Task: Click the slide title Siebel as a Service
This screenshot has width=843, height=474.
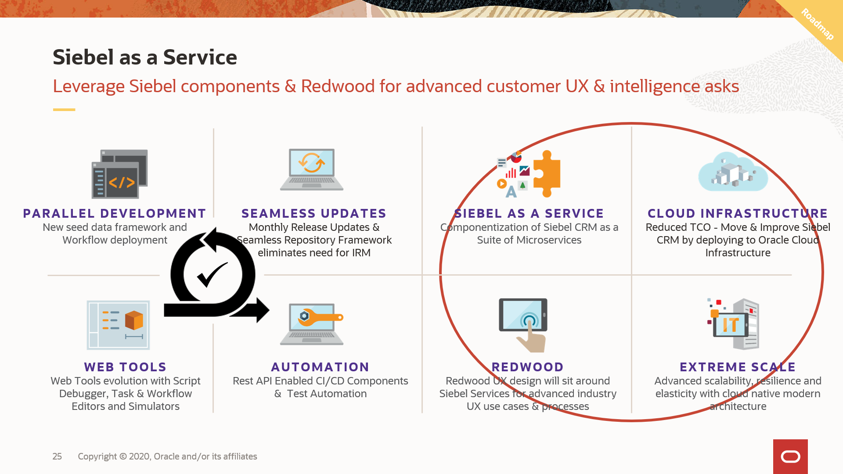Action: pyautogui.click(x=145, y=57)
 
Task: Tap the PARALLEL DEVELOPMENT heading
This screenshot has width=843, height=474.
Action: pyautogui.click(x=115, y=213)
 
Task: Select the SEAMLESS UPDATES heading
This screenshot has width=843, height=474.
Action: pyautogui.click(x=314, y=213)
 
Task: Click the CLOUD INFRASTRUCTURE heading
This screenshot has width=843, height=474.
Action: pyautogui.click(x=738, y=213)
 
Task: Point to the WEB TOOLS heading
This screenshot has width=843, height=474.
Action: pyautogui.click(x=126, y=367)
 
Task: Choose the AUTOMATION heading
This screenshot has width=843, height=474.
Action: pyautogui.click(x=321, y=367)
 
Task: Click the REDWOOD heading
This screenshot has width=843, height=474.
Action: pyautogui.click(x=528, y=367)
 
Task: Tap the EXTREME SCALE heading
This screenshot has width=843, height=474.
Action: pyautogui.click(x=738, y=367)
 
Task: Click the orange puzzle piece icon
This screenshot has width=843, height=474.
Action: pyautogui.click(x=547, y=174)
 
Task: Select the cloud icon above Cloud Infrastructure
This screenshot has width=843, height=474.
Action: pyautogui.click(x=733, y=172)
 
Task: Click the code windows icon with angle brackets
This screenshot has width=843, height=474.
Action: pyautogui.click(x=120, y=174)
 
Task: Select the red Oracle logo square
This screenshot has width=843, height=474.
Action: pyautogui.click(x=790, y=456)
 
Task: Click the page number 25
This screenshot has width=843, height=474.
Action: pyautogui.click(x=57, y=456)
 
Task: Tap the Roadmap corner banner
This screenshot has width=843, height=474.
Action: pyautogui.click(x=817, y=24)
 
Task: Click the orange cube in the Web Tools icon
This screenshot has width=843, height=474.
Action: pyautogui.click(x=134, y=320)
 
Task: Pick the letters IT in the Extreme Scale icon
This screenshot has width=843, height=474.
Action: pyautogui.click(x=731, y=325)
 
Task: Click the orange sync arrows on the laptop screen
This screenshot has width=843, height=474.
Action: pyautogui.click(x=312, y=163)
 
